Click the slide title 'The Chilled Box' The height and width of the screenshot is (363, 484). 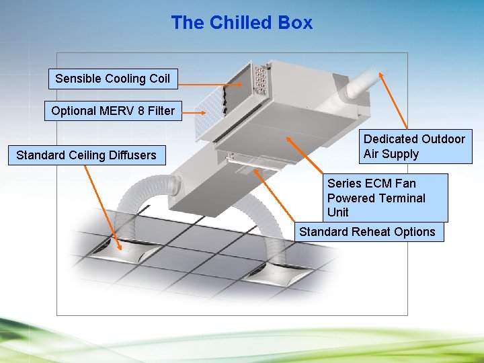point(241,23)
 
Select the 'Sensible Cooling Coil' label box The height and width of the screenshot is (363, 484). point(112,79)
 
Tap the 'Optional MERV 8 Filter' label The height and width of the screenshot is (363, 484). point(112,111)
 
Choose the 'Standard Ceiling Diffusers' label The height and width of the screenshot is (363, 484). point(86,155)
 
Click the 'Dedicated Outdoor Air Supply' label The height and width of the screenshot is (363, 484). point(414,147)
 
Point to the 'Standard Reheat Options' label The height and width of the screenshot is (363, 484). point(367,232)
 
